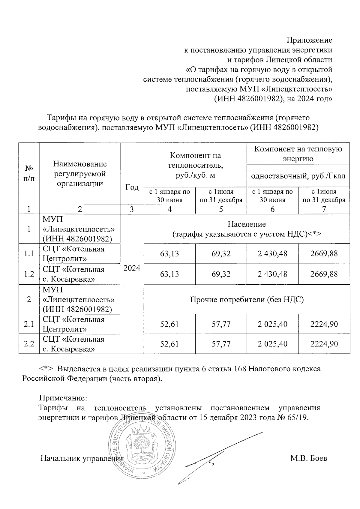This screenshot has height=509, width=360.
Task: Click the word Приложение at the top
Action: [x=310, y=40]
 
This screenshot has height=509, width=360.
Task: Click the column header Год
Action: [x=132, y=187]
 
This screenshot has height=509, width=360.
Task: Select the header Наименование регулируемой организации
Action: [x=80, y=174]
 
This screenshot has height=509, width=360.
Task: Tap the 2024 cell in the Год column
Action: [x=132, y=268]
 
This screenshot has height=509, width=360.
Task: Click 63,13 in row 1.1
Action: [x=169, y=254]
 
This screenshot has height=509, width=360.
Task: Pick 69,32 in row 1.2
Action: [x=221, y=274]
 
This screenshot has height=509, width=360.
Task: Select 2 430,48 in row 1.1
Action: [x=272, y=254]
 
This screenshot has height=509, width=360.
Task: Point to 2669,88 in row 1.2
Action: [x=324, y=274]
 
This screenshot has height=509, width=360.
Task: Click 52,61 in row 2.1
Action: [x=169, y=324]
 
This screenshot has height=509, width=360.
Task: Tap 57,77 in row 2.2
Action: [x=221, y=344]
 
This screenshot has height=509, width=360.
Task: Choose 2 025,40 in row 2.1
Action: [x=272, y=324]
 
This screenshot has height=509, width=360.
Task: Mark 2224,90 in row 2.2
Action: [x=324, y=344]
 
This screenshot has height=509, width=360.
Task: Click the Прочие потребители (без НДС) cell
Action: [x=247, y=299]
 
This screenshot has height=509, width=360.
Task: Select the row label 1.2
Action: [x=29, y=274]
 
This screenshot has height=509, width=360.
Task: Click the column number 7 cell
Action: [x=324, y=209]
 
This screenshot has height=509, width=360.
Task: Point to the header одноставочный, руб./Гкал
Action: [x=298, y=176]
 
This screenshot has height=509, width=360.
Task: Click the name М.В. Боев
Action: [x=309, y=458]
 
